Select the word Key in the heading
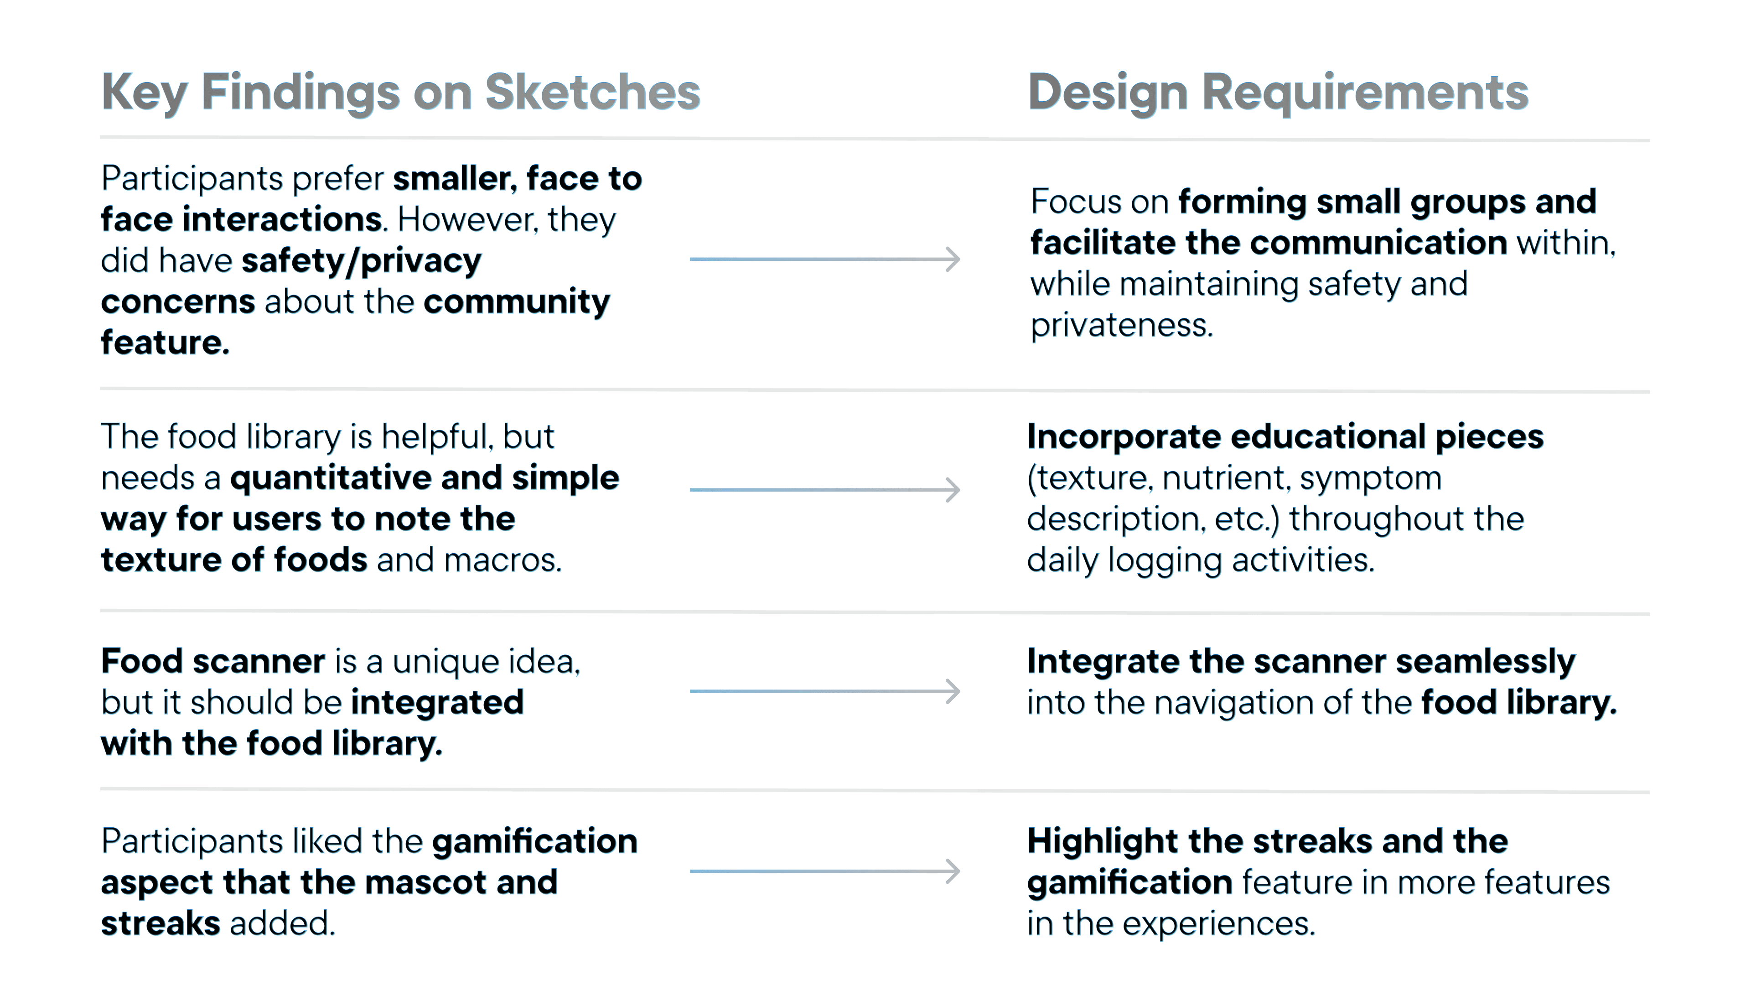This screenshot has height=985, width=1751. [x=144, y=93]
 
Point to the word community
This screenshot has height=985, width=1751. [x=517, y=302]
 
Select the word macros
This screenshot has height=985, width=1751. [x=503, y=561]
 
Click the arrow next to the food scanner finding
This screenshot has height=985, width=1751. [x=824, y=691]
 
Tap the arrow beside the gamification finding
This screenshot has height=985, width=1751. [x=824, y=871]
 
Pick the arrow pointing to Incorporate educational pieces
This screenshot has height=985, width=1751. [x=824, y=489]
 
